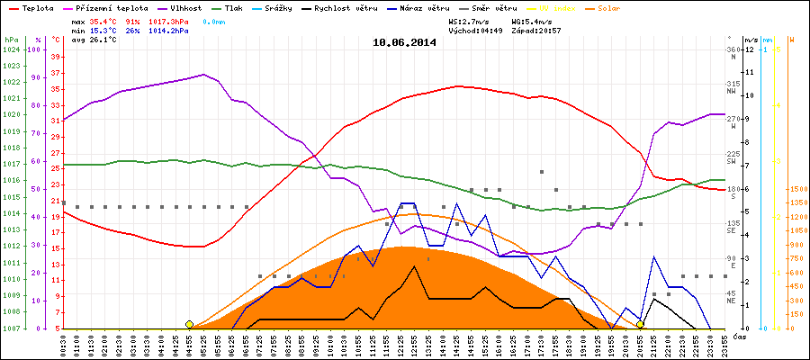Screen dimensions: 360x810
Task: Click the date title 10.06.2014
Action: (x=404, y=41)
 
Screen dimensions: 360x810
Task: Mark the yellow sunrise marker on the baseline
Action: (x=189, y=324)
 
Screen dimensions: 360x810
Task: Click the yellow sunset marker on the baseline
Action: (x=640, y=324)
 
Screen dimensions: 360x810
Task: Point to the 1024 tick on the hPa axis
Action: (x=12, y=50)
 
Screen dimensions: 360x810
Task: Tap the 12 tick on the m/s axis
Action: (x=751, y=50)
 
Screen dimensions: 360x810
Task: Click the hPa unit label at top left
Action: (x=11, y=40)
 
